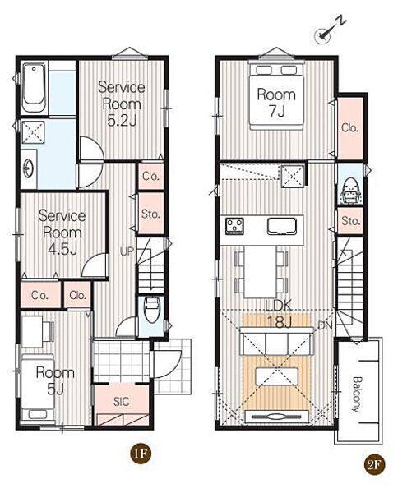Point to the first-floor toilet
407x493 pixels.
point(152,310)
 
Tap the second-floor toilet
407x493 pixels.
point(350,191)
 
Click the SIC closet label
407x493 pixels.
point(122,402)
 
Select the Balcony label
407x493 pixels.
point(356,394)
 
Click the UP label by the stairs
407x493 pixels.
point(127,251)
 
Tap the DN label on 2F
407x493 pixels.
point(325,325)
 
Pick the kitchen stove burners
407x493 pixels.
point(234,227)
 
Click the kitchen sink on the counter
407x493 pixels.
point(282,226)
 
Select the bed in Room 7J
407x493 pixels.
point(276,95)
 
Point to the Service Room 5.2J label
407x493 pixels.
point(122,104)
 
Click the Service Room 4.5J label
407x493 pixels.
point(62,233)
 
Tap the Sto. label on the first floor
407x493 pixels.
point(150,214)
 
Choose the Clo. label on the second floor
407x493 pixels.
point(349,127)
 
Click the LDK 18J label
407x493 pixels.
point(279,314)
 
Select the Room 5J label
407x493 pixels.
point(55,380)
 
